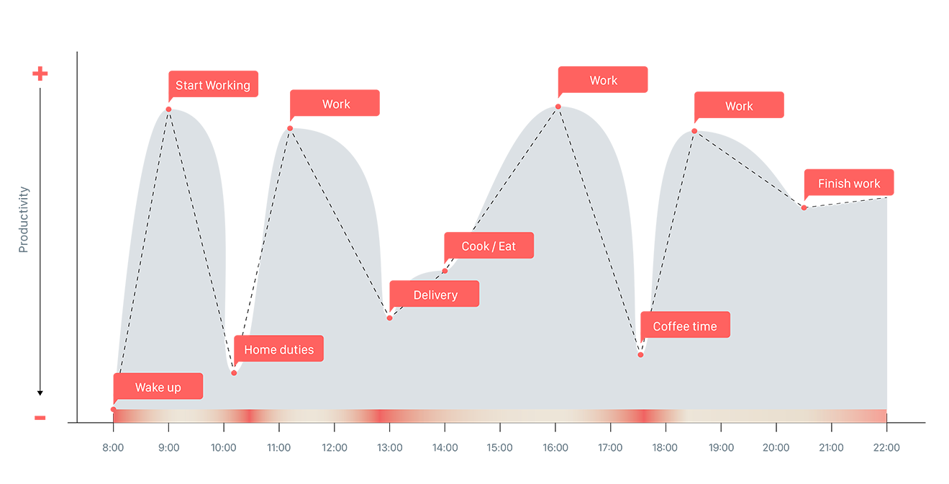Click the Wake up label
[x=158, y=387]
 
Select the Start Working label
[x=213, y=86]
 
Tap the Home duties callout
[x=278, y=350]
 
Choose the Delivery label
[x=435, y=295]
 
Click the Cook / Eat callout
[x=489, y=246]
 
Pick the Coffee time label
[x=684, y=326]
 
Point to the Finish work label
[x=849, y=184]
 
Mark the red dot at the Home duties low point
[x=234, y=372]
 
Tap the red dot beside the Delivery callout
[x=390, y=317]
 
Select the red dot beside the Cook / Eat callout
[x=445, y=270]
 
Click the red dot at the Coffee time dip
[x=640, y=354]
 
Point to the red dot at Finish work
[x=804, y=207]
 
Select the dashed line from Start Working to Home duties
[x=201, y=238]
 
